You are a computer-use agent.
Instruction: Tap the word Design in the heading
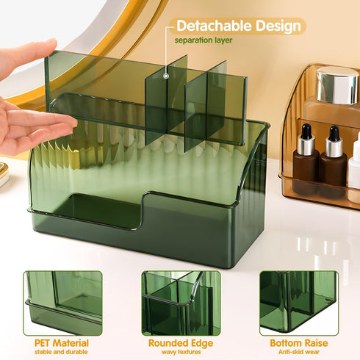click(276, 26)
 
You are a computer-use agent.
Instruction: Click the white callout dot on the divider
click(167, 74)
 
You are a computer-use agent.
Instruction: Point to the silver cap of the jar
click(337, 84)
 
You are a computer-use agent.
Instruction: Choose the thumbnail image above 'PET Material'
click(62, 303)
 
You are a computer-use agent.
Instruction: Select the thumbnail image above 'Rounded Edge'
click(181, 303)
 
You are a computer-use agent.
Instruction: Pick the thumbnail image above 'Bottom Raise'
click(298, 303)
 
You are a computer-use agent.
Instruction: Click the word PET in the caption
click(45, 343)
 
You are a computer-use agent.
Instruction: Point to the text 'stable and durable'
click(62, 353)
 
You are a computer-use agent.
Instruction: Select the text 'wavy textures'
click(181, 353)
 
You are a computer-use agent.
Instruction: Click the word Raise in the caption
click(319, 343)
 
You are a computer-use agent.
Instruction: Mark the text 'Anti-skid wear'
click(298, 353)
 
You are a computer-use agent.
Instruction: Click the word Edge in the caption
click(202, 343)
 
